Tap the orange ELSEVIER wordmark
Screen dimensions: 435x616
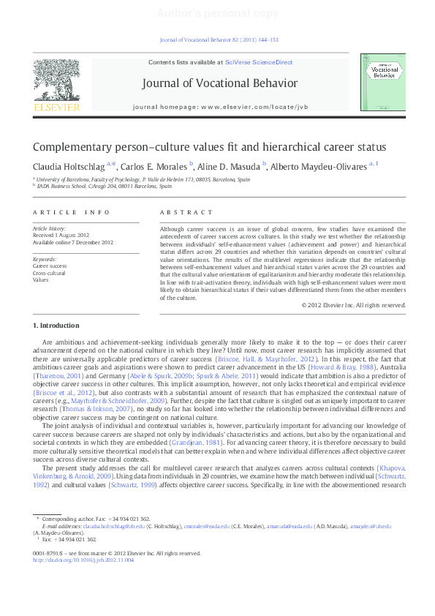click(56, 108)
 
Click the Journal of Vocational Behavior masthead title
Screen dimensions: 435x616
click(219, 83)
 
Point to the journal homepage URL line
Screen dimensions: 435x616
click(219, 107)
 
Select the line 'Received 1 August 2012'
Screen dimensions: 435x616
click(61, 236)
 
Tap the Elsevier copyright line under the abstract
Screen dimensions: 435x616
click(354, 305)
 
